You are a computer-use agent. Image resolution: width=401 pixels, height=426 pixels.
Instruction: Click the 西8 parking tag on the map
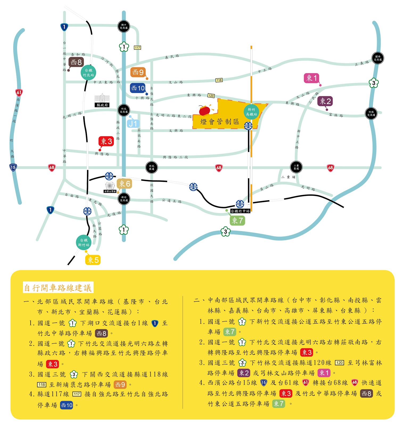click(x=76, y=62)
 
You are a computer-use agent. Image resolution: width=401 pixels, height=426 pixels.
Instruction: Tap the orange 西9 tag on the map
click(x=138, y=72)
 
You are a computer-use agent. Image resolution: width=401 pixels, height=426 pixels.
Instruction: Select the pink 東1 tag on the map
click(x=311, y=78)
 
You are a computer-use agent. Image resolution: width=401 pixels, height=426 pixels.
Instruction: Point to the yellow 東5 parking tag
click(x=93, y=260)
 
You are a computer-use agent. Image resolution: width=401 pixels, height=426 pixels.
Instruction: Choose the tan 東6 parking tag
click(x=124, y=184)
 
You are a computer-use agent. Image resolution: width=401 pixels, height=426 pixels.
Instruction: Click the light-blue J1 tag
click(x=133, y=124)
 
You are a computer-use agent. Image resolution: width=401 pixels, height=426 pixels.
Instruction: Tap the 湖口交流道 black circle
click(x=124, y=26)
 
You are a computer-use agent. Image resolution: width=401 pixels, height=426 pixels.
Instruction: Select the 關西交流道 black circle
click(x=378, y=58)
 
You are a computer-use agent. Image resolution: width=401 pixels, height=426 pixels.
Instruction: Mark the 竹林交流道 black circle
click(x=371, y=114)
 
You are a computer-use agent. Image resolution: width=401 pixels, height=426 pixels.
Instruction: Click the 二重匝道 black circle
click(x=296, y=167)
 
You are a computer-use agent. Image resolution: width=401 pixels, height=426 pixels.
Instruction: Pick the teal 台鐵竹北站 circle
click(x=88, y=72)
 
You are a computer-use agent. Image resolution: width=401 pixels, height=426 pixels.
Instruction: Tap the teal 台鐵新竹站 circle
click(x=84, y=242)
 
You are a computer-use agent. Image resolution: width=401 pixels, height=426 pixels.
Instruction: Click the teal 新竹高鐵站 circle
click(x=251, y=112)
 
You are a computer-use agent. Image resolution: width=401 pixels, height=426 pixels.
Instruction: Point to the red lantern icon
click(x=205, y=110)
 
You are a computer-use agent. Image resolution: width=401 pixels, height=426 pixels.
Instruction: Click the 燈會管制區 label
click(x=220, y=122)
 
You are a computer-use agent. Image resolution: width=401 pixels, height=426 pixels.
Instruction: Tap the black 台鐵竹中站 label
click(x=240, y=211)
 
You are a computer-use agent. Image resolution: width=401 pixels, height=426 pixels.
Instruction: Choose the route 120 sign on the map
click(x=211, y=96)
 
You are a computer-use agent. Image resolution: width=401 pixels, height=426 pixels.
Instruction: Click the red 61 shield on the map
click(x=19, y=92)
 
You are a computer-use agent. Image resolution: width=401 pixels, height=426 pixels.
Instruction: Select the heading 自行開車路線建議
click(x=58, y=288)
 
